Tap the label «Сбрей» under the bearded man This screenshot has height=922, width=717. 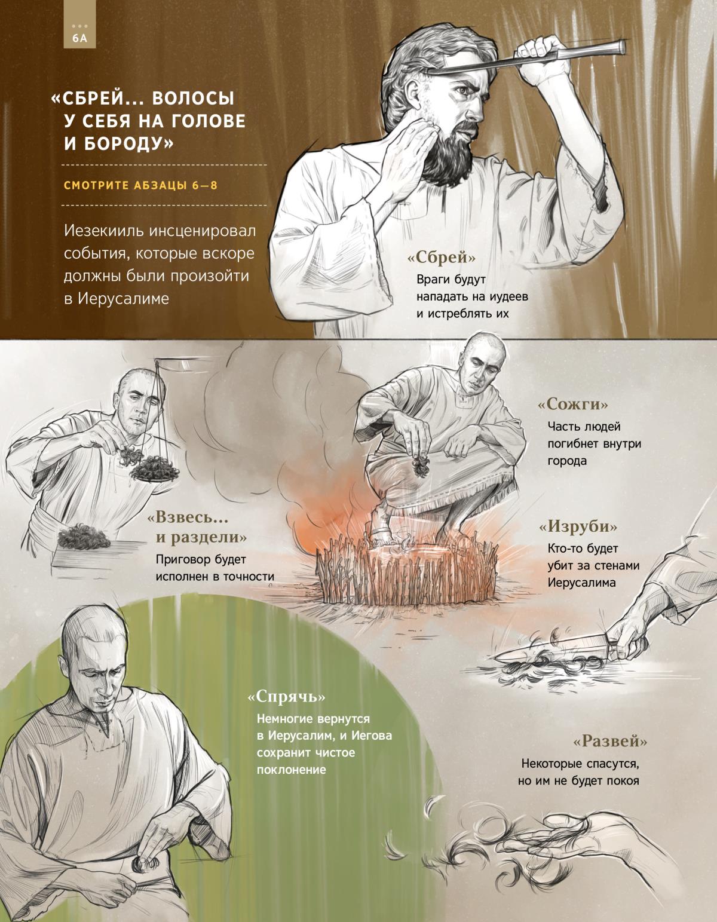coord(441,257)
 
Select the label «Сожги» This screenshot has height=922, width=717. coord(573,403)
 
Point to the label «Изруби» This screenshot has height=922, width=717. coord(578,526)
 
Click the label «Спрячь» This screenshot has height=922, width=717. coord(287,696)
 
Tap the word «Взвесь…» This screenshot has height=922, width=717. coord(188,517)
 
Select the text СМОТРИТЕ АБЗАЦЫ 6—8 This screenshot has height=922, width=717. coord(140,185)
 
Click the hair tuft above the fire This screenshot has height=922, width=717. coord(421,467)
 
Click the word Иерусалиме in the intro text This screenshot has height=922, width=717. coord(123,299)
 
